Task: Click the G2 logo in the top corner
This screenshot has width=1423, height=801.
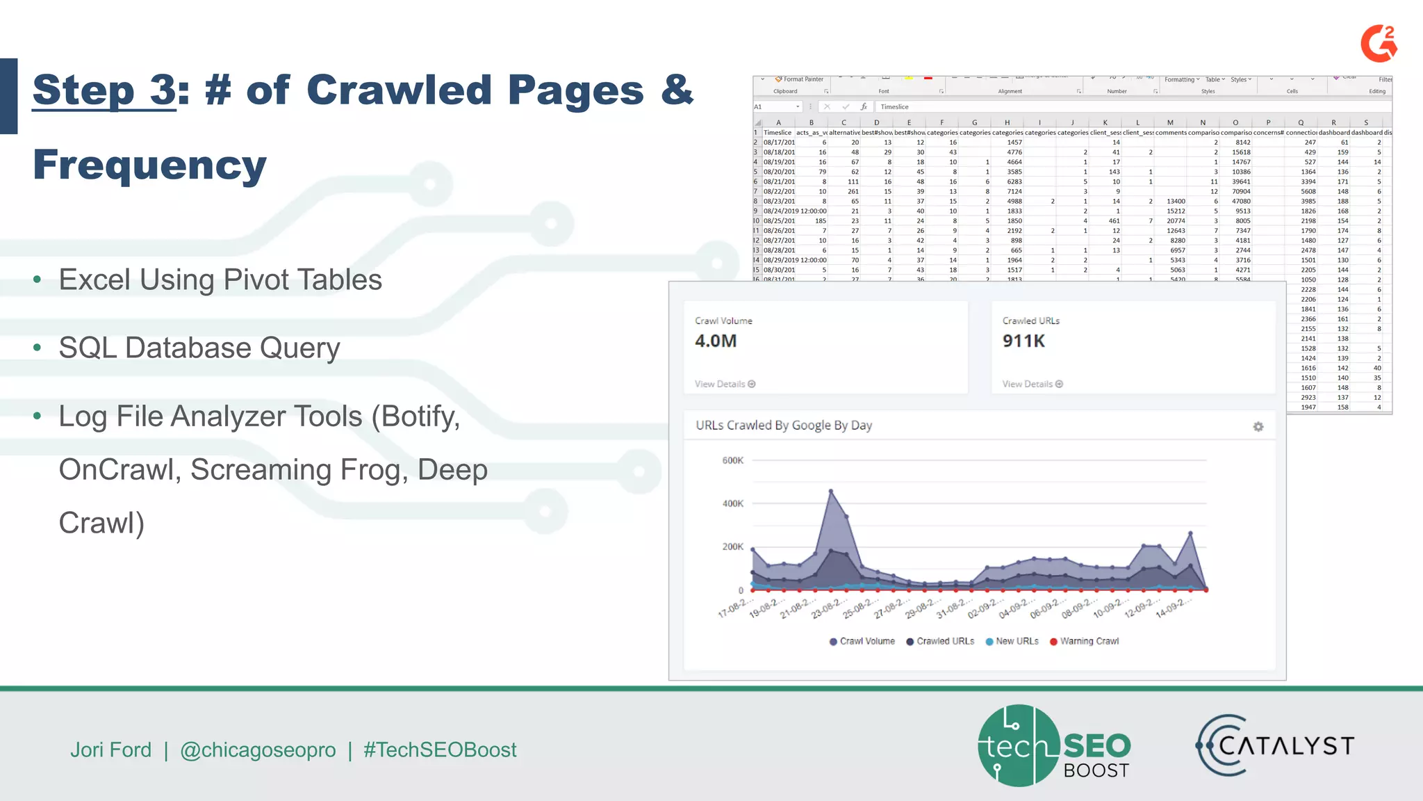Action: (x=1379, y=44)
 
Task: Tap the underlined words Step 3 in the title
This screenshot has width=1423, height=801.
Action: (x=104, y=90)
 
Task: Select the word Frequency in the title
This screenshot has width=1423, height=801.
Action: (x=149, y=165)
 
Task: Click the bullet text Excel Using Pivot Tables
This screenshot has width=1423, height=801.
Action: (x=220, y=280)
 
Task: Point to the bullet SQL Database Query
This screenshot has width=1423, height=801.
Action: (x=199, y=348)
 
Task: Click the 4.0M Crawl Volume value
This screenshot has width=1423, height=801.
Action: (x=716, y=341)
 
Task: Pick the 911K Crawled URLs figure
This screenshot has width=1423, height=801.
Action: (x=1023, y=341)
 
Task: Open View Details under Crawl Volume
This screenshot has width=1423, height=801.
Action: (x=725, y=384)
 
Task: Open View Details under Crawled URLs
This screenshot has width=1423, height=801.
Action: (x=1033, y=384)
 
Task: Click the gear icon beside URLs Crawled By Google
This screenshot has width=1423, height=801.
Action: (x=1258, y=427)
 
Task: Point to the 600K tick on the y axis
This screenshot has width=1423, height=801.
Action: (x=732, y=460)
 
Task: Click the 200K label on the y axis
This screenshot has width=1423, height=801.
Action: (x=732, y=547)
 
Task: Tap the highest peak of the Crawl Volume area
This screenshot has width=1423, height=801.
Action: (x=831, y=492)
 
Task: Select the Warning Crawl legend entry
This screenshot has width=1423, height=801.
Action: (x=1085, y=641)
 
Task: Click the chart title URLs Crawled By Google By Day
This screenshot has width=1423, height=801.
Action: (x=784, y=426)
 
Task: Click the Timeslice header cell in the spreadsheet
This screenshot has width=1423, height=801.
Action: (x=778, y=132)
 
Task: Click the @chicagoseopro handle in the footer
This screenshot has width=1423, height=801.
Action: (x=258, y=750)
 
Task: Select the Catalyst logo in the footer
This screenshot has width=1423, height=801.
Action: (x=1275, y=746)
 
